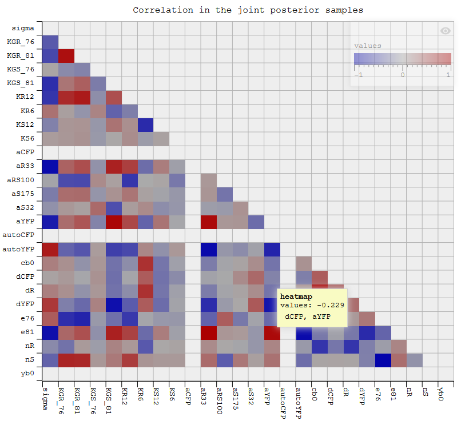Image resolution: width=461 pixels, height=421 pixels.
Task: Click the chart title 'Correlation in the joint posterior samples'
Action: tap(248, 10)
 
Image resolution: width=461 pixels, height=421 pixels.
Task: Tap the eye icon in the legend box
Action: tap(445, 31)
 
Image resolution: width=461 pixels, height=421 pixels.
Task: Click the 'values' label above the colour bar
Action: tap(368, 46)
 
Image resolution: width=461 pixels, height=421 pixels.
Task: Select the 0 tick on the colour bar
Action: tap(402, 74)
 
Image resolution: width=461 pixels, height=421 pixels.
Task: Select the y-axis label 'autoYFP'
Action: tap(21, 249)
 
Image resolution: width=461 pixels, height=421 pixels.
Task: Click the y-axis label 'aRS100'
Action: tap(22, 180)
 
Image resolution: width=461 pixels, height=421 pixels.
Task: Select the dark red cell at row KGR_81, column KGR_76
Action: tap(66, 56)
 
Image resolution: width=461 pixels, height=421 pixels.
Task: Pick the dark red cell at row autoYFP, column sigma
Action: tap(50, 249)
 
